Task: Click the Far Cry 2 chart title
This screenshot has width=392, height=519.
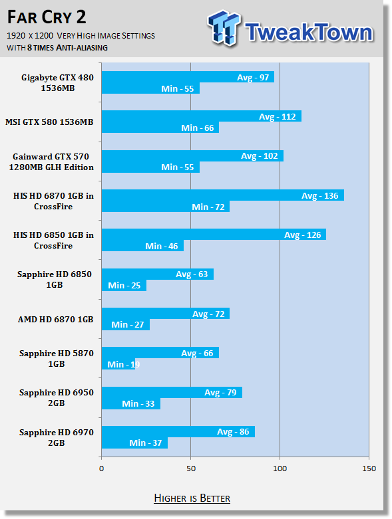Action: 47,17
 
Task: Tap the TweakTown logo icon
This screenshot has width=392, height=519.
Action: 224,28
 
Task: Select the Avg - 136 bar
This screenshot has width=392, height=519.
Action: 223,195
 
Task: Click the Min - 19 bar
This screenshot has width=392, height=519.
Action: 118,364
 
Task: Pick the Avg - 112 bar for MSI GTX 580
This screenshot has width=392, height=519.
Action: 202,116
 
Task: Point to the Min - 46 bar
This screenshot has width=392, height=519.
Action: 142,246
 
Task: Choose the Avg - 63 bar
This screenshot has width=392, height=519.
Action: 157,274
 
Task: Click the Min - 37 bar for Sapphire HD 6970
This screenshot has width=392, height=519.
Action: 134,443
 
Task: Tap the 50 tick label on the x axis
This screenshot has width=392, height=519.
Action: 191,468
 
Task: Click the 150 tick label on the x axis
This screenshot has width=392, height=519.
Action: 369,468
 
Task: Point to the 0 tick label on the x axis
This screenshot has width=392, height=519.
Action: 101,468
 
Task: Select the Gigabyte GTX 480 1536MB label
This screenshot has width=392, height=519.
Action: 58,83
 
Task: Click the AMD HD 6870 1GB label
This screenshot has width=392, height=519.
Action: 56,320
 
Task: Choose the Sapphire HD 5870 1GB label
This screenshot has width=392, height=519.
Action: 57,358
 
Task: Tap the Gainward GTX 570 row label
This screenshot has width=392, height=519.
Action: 51,162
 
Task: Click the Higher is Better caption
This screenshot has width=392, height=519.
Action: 192,498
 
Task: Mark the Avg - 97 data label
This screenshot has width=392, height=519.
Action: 253,78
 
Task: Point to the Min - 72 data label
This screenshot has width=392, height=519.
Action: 208,207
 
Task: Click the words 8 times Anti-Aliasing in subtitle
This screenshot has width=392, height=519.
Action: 67,48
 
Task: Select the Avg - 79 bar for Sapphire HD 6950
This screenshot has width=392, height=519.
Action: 172,392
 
